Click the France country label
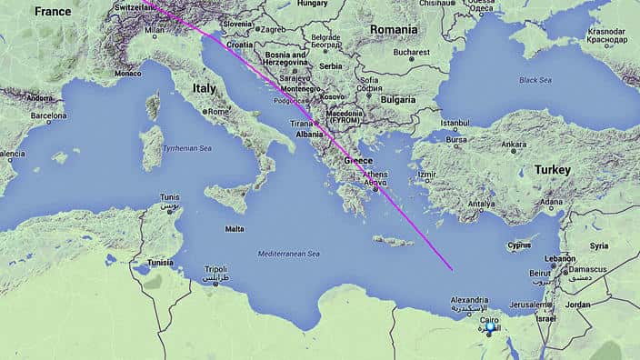pos(52,12)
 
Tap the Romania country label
pos(394,30)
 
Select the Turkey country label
pos(552,170)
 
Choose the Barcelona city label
pos(48,116)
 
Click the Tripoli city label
pos(215,269)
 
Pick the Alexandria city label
pos(469,300)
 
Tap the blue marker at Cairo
pos(492,327)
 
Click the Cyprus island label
pos(518,245)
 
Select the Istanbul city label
pos(455,123)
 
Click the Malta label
pos(234,228)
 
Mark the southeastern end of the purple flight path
pos(452,270)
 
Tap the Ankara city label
pos(514,144)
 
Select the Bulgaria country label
pos(397,98)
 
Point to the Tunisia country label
pos(160,263)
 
